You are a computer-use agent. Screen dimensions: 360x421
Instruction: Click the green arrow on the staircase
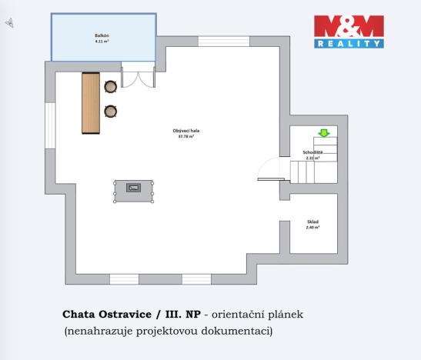pyautogui.click(x=324, y=134)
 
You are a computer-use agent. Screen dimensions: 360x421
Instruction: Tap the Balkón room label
pyautogui.click(x=101, y=35)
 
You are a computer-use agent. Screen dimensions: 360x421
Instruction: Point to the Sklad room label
pyautogui.click(x=312, y=222)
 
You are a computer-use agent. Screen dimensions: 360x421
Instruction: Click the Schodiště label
pyautogui.click(x=313, y=152)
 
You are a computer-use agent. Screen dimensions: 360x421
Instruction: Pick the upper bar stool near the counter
pyautogui.click(x=111, y=86)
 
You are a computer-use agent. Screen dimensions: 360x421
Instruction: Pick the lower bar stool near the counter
pyautogui.click(x=111, y=112)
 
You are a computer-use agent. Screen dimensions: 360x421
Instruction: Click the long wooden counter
pyautogui.click(x=91, y=102)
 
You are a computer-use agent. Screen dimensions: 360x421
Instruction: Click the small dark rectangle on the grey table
pyautogui.click(x=134, y=187)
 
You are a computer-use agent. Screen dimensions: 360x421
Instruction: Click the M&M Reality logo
pyautogui.click(x=349, y=32)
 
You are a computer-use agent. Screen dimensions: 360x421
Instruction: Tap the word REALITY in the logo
pyautogui.click(x=349, y=45)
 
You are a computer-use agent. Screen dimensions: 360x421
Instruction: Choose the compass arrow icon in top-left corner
pyautogui.click(x=8, y=24)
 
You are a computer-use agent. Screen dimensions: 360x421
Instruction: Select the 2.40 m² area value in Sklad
pyautogui.click(x=312, y=228)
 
